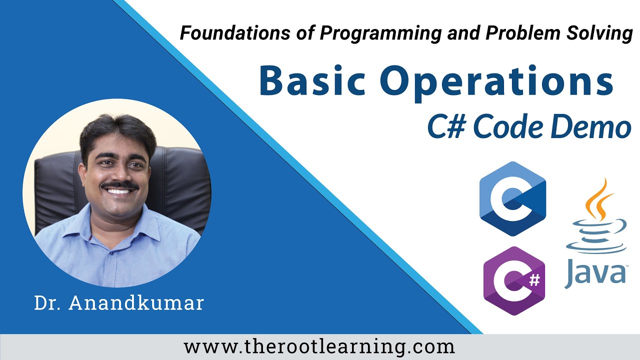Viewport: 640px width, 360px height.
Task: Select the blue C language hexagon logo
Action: (x=512, y=198)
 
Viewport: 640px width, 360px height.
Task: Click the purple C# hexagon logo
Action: (x=513, y=281)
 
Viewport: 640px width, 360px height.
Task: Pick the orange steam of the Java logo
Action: (x=599, y=200)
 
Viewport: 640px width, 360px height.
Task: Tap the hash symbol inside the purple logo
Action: (x=534, y=280)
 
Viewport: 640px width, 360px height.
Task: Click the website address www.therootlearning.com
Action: (x=319, y=346)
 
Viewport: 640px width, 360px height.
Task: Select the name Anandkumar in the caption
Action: (x=138, y=303)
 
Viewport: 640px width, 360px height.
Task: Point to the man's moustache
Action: (x=119, y=185)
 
